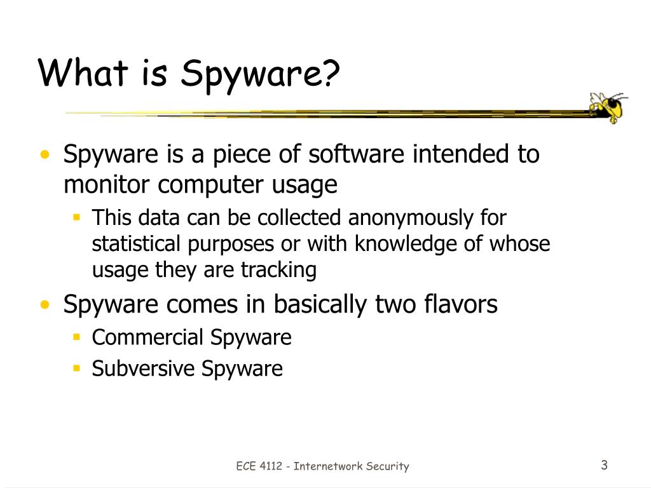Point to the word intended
coord(456,154)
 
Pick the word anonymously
coord(401,218)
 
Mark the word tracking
coord(278,270)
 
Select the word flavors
coord(460,304)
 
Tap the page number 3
coord(604,465)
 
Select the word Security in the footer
coord(388,466)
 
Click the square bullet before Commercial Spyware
coord(76,337)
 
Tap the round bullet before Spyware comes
coord(45,305)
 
